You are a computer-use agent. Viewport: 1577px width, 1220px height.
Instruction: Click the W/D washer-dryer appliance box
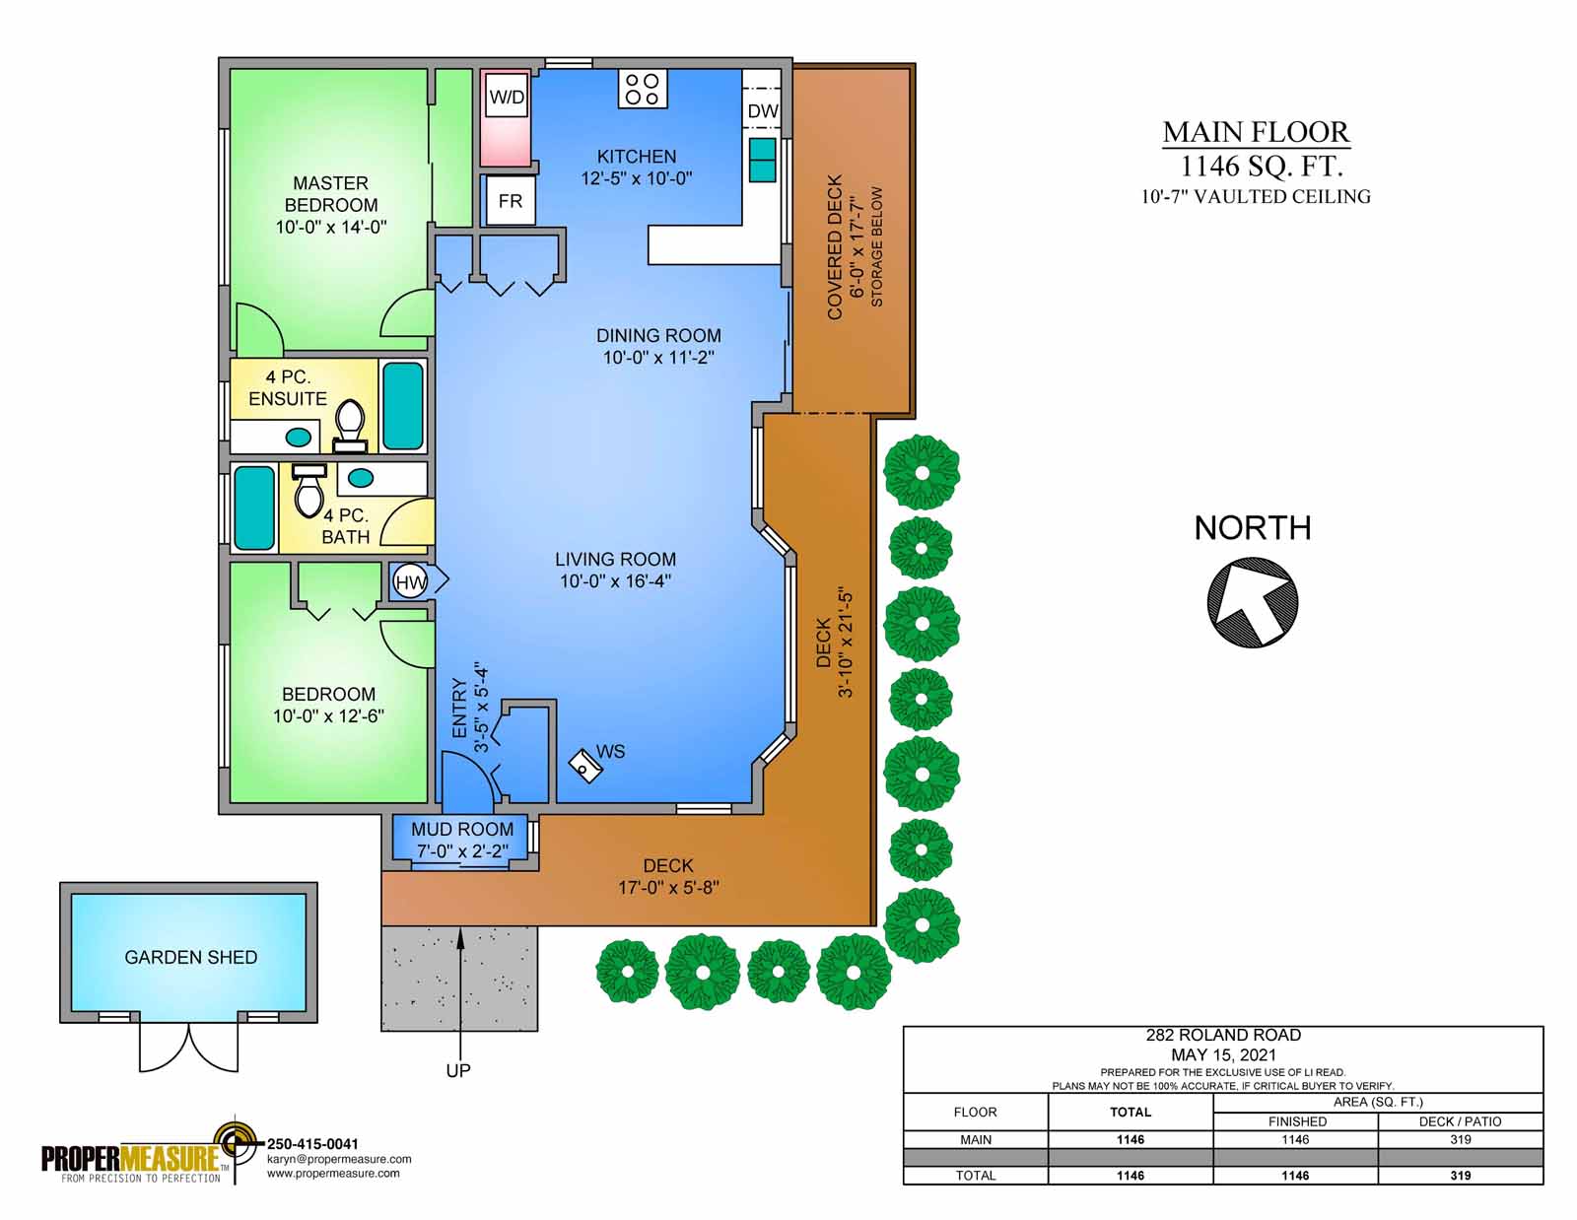506,118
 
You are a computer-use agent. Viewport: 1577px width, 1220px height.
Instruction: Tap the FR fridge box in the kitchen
510,201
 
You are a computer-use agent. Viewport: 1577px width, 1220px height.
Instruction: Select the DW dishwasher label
762,111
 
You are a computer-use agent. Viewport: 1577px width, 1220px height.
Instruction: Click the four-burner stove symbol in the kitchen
643,89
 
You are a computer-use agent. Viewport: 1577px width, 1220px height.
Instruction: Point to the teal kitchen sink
762,160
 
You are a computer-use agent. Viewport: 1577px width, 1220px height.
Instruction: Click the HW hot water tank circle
410,582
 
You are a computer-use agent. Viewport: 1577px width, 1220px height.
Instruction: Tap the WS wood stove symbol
586,766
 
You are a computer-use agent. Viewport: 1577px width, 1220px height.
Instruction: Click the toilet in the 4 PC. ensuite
349,424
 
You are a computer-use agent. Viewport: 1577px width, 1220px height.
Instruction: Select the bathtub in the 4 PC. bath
254,508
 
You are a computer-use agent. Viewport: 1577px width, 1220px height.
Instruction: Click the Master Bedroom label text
330,194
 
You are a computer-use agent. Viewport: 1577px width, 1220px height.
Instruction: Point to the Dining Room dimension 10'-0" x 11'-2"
658,358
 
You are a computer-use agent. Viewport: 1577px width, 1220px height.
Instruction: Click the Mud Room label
462,829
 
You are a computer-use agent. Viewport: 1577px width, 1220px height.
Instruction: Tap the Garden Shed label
190,957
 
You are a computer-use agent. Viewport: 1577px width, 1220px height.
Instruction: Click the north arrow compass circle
1252,602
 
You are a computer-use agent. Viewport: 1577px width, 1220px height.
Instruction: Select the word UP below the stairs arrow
458,1070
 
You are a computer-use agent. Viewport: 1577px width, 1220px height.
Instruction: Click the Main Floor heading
1256,132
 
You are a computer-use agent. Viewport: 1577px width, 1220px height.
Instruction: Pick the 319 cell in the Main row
1460,1139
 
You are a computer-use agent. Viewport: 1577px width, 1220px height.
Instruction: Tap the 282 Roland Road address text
1222,1035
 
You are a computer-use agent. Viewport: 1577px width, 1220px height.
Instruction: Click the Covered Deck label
835,247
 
